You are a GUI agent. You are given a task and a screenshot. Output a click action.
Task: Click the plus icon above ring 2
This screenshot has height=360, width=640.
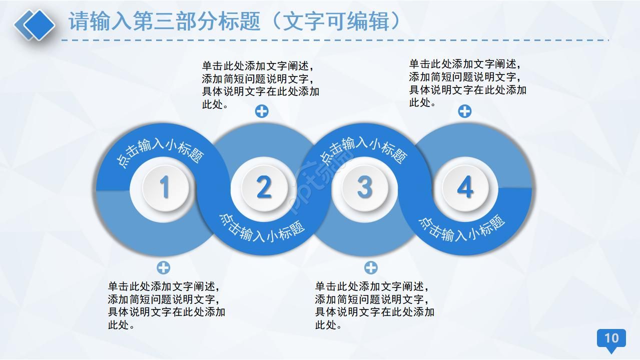coord(262,111)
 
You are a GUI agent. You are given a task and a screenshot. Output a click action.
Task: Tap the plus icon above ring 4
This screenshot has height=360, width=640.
coord(465,111)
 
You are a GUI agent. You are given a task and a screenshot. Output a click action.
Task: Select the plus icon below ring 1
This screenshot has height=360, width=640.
coord(164,267)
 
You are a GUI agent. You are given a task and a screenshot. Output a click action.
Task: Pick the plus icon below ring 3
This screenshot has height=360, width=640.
coord(371,267)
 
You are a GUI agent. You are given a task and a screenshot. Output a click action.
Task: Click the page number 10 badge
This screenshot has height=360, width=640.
coord(611,338)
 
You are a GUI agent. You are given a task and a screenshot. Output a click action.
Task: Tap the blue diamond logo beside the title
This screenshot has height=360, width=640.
coord(35,24)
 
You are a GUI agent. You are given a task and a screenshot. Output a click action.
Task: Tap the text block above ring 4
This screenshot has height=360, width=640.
coord(467,83)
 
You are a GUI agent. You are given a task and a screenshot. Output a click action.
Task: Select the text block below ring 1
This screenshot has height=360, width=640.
coord(166,305)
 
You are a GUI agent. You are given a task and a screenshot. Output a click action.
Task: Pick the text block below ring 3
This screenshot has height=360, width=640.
coord(374,305)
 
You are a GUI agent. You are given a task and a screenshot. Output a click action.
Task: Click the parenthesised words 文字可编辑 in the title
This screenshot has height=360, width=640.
coord(340,22)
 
